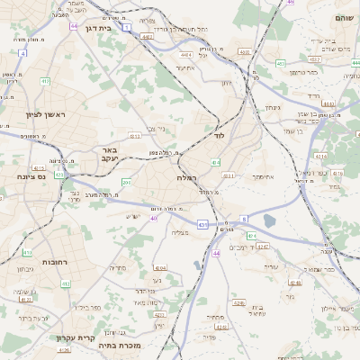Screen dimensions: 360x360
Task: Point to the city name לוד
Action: (220, 135)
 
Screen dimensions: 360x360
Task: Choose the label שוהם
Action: (344, 18)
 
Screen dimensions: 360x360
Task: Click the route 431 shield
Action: (202, 224)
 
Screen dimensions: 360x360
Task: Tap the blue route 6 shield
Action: (244, 219)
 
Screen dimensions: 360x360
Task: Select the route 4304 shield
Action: (161, 267)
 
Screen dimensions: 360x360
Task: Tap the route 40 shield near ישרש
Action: (155, 217)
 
